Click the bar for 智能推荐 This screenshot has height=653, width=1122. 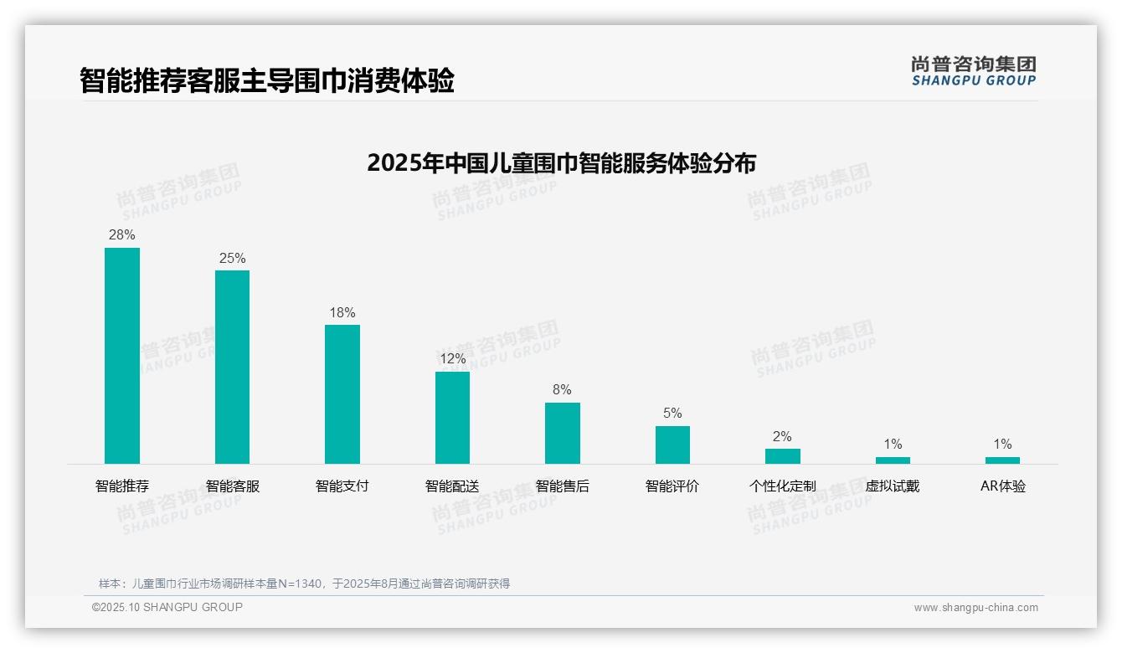[122, 355]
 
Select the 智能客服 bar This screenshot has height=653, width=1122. [232, 367]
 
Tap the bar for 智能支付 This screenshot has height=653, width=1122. [342, 393]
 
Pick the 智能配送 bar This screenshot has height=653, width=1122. [452, 417]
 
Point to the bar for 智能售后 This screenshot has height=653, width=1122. [563, 433]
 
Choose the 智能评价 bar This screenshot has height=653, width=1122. [672, 445]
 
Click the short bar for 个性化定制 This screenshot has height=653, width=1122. [782, 456]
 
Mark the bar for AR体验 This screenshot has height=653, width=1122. [1002, 460]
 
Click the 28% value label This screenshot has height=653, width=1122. [122, 235]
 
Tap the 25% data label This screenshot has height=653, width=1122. [232, 259]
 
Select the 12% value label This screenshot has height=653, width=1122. [452, 359]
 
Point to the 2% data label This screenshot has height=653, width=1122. [782, 437]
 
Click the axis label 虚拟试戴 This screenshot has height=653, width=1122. [893, 486]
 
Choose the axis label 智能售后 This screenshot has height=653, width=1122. [563, 486]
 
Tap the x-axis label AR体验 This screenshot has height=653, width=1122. [1002, 486]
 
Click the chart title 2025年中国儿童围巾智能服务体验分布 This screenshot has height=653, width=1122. [561, 163]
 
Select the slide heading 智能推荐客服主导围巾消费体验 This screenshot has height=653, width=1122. [267, 81]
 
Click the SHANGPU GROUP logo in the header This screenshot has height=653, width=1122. [973, 71]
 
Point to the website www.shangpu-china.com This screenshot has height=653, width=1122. [975, 608]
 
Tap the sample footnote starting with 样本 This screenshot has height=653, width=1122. [304, 584]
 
